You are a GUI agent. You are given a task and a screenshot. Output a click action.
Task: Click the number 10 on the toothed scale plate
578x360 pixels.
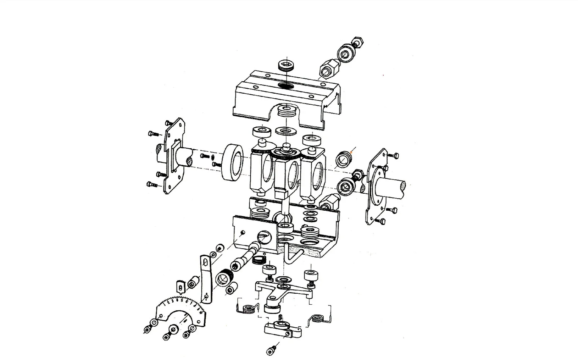(x=201, y=312)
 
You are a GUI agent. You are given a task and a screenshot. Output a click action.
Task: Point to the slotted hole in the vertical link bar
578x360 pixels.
(x=205, y=262)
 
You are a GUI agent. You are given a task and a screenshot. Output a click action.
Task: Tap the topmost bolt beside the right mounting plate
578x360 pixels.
(x=395, y=156)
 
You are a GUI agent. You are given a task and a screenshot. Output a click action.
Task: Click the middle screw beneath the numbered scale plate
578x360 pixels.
(x=170, y=332)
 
